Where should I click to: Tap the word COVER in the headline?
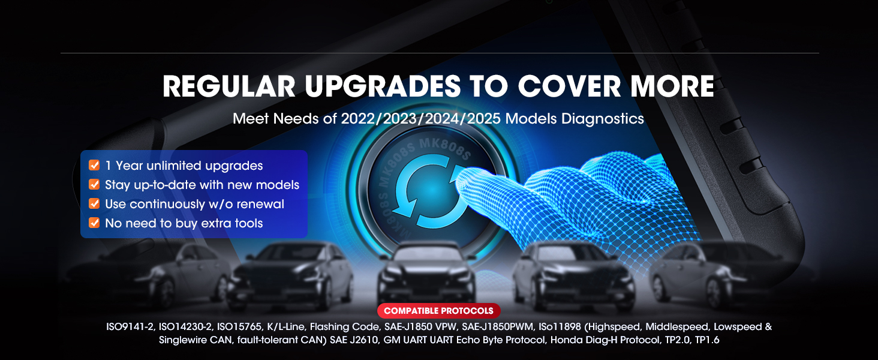(570, 86)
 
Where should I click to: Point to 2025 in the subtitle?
(484, 118)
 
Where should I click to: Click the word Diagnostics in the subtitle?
(603, 119)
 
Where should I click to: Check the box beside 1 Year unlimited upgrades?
(94, 165)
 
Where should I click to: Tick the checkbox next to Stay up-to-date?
(94, 184)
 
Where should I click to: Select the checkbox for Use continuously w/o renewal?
(94, 203)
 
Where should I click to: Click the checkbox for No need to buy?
(94, 223)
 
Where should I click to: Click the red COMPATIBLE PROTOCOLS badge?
(438, 311)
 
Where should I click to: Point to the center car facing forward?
(426, 275)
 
